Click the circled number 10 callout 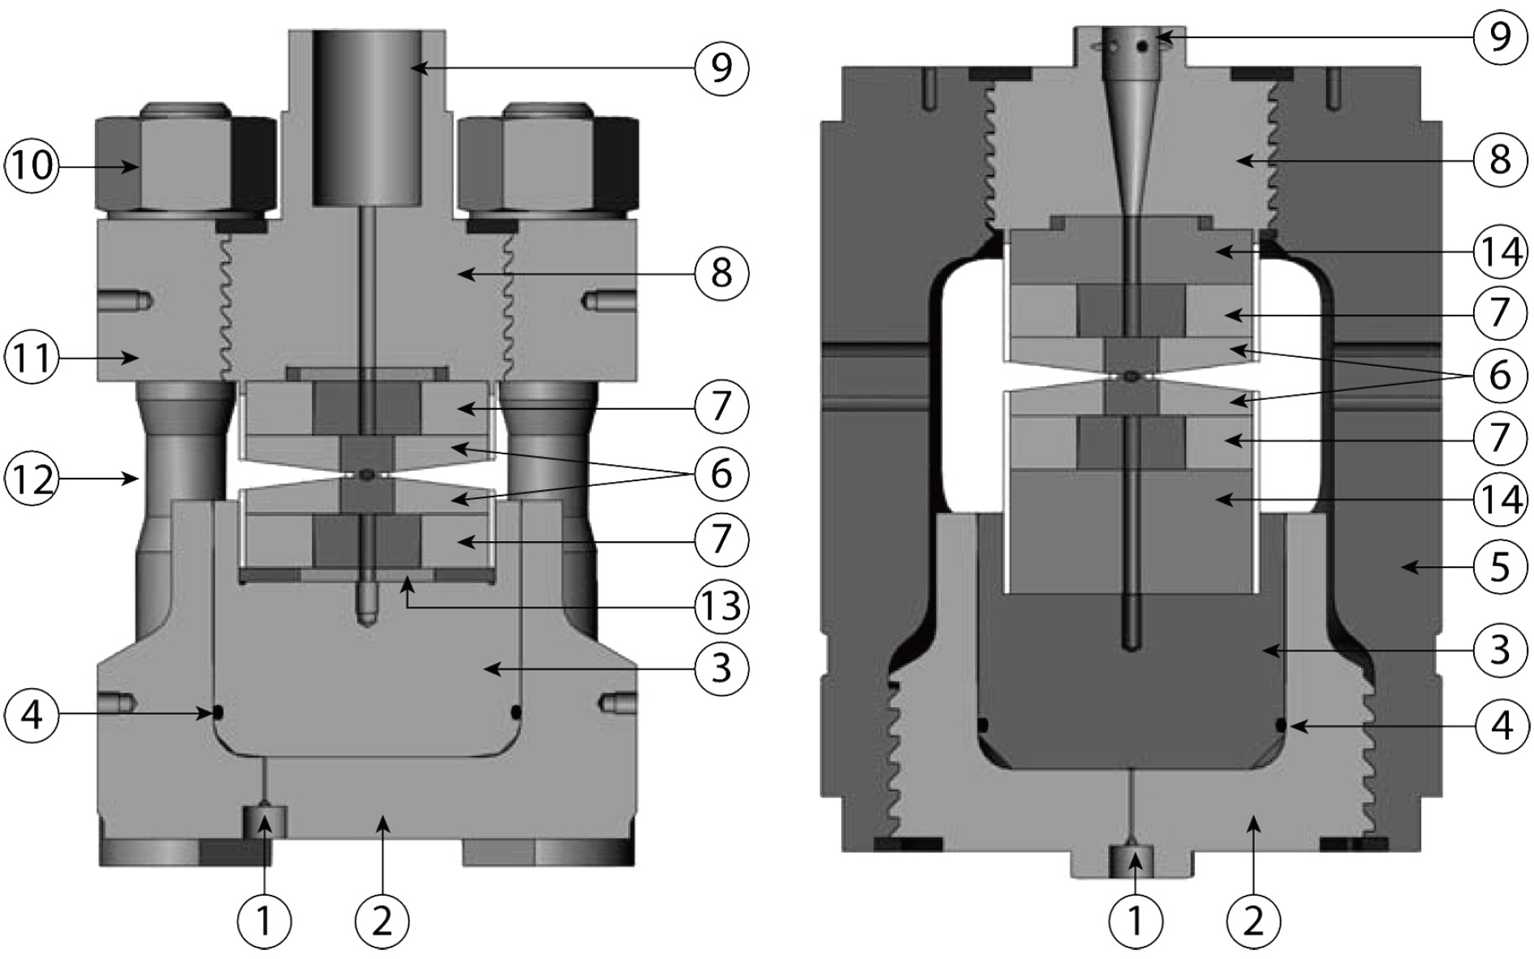[x=29, y=166]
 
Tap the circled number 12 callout [x=29, y=479]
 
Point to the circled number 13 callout [x=721, y=604]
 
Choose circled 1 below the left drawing [x=264, y=919]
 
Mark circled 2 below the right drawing [x=1254, y=919]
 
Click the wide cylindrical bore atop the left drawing [x=367, y=118]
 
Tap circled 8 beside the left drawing [x=721, y=273]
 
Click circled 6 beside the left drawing [x=721, y=473]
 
